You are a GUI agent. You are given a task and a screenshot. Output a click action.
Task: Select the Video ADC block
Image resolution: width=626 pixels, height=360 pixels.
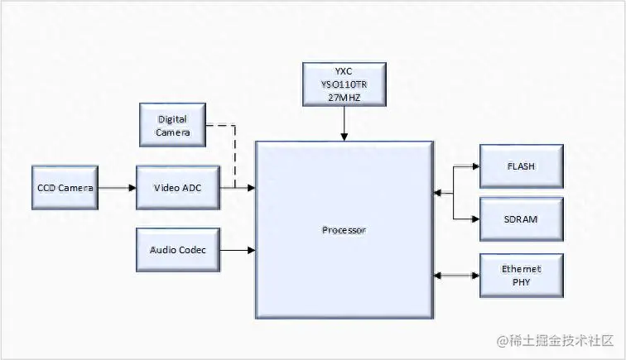pyautogui.click(x=178, y=188)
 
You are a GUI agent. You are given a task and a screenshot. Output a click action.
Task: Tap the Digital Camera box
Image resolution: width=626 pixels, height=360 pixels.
pyautogui.click(x=172, y=126)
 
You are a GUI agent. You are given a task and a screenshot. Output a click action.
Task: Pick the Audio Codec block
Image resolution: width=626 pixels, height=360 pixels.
pyautogui.click(x=178, y=249)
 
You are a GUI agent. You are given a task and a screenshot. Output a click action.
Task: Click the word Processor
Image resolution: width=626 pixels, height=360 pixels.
pyautogui.click(x=344, y=229)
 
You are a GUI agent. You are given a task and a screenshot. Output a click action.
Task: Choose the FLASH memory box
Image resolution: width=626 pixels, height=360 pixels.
pyautogui.click(x=521, y=166)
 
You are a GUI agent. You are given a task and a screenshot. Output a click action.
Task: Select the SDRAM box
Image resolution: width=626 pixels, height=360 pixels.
pyautogui.click(x=521, y=219)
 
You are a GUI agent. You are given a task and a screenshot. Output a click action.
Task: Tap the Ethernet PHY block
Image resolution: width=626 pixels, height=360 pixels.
pyautogui.click(x=521, y=275)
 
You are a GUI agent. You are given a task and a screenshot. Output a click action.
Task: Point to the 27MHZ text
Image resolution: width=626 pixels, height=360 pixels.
pyautogui.click(x=344, y=97)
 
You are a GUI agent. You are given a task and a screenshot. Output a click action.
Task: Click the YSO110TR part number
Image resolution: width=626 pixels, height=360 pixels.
pyautogui.click(x=344, y=84)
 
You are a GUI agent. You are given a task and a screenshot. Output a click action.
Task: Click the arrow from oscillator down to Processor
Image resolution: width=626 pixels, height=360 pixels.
pyautogui.click(x=344, y=123)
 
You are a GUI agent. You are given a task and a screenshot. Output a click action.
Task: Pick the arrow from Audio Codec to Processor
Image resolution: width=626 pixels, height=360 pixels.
pyautogui.click(x=238, y=249)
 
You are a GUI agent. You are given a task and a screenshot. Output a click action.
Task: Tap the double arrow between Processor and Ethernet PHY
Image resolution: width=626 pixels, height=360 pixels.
pyautogui.click(x=456, y=275)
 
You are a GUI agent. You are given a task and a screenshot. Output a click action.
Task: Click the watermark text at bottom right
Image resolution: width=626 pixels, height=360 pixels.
pyautogui.click(x=555, y=341)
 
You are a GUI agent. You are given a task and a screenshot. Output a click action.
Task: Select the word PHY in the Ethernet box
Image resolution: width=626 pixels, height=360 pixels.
pyautogui.click(x=521, y=281)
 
